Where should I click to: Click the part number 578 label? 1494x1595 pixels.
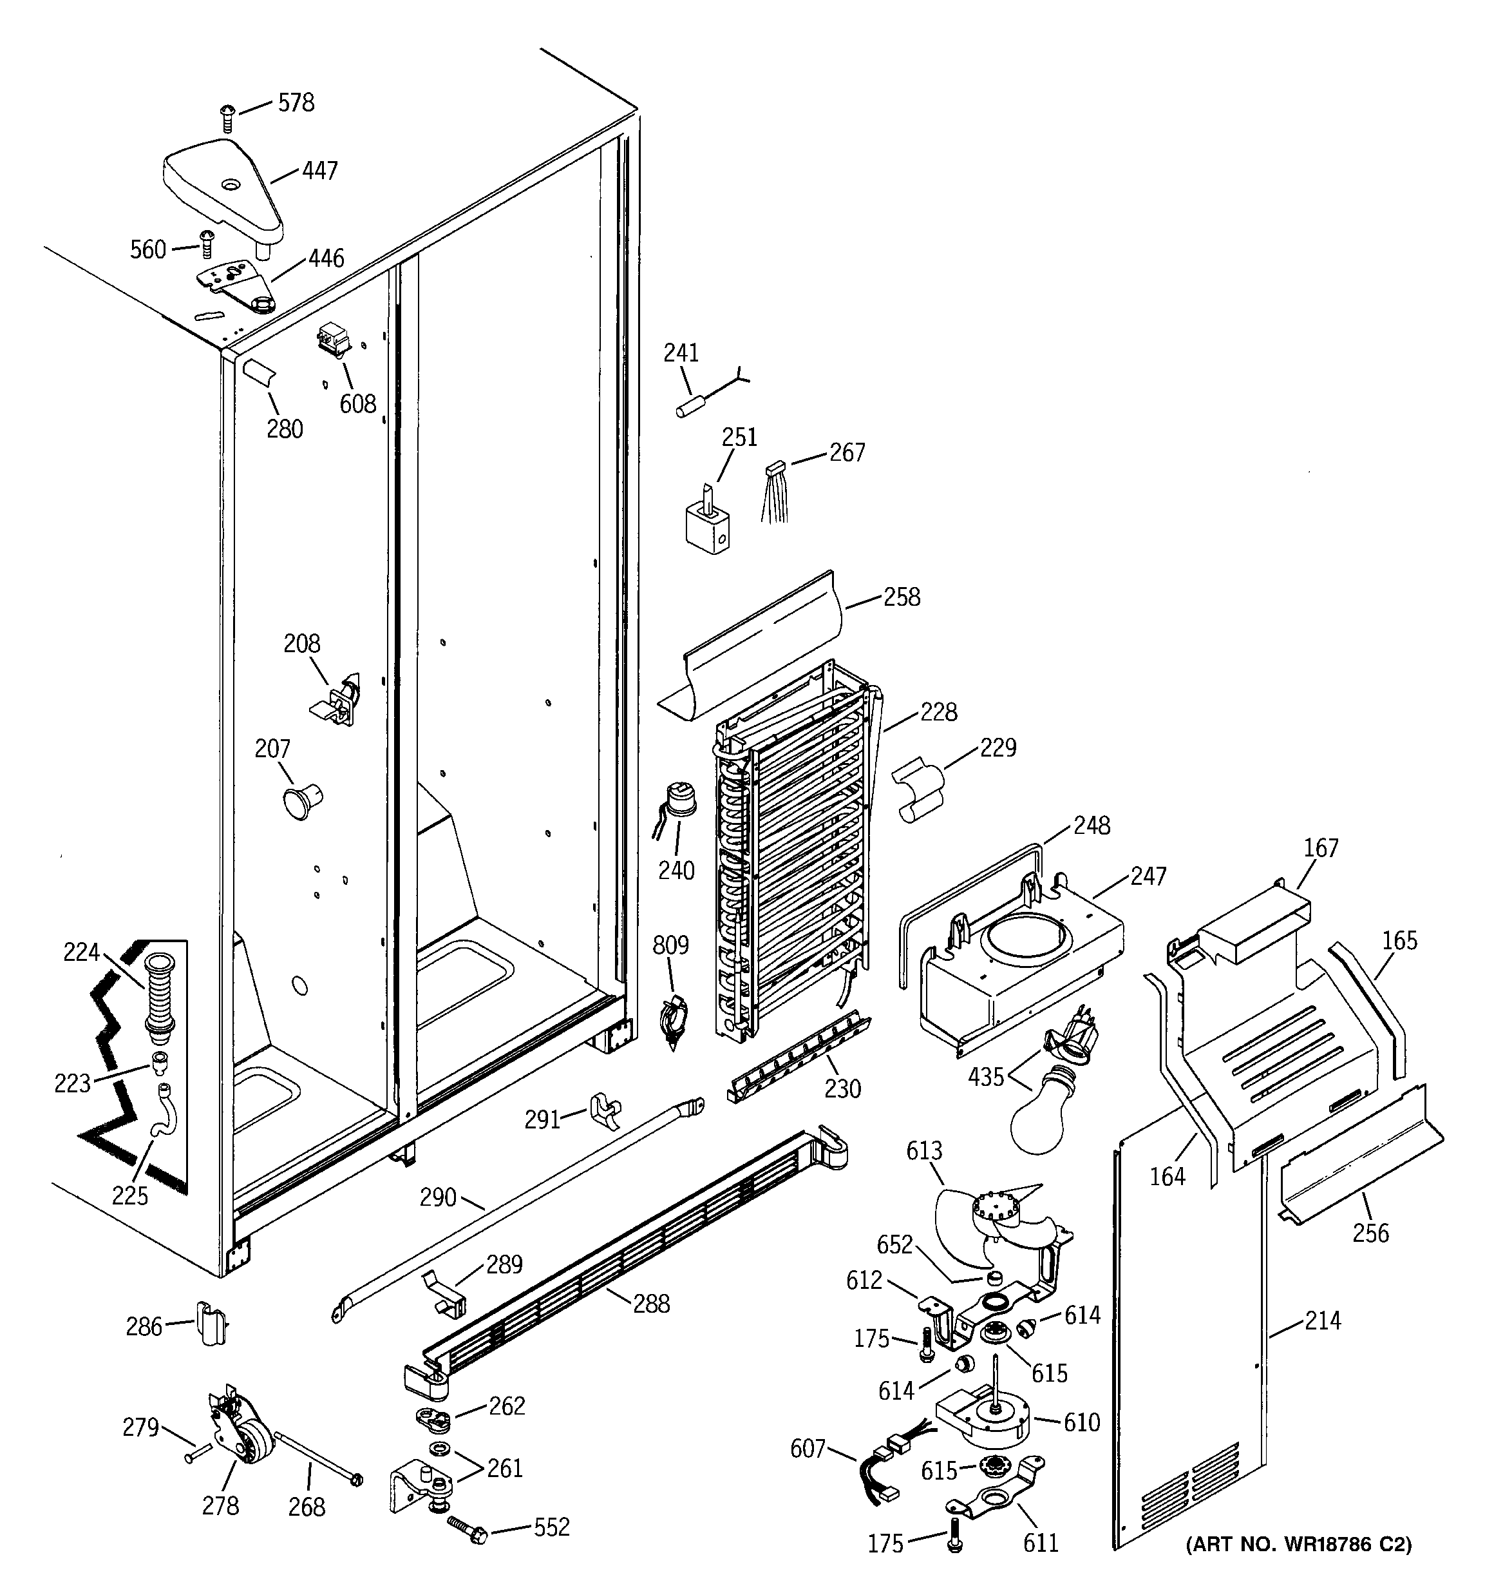[x=296, y=102]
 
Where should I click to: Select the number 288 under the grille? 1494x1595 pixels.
[x=651, y=1304]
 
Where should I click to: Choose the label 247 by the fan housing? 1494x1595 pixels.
[x=1148, y=876]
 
